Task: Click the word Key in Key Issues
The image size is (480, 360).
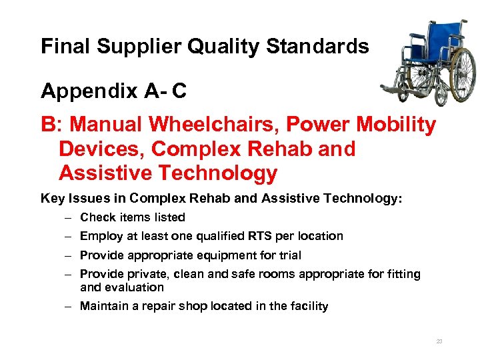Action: click(x=51, y=198)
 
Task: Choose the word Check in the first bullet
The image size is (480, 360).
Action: click(x=96, y=217)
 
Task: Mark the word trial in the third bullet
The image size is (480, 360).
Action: click(x=287, y=255)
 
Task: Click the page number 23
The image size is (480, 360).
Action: click(x=439, y=341)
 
